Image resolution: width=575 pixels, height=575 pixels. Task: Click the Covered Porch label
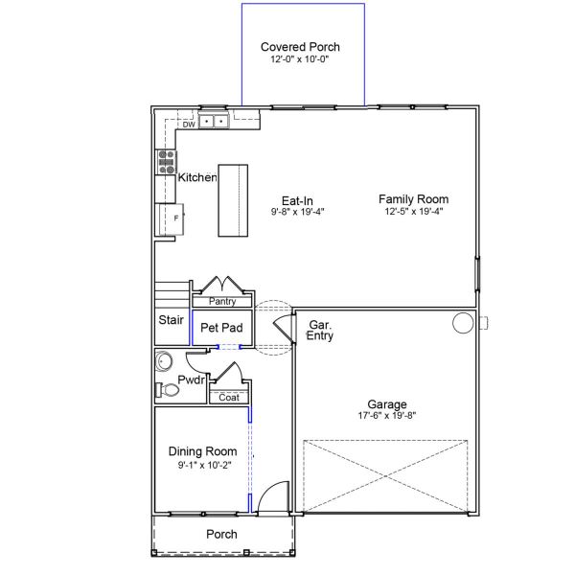tap(300, 46)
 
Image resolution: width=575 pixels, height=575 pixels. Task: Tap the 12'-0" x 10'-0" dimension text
tap(300, 59)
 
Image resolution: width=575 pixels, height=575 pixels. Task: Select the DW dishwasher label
tap(189, 124)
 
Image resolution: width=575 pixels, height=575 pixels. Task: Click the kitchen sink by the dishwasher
tap(214, 122)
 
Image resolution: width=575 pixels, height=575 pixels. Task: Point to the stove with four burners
tap(167, 160)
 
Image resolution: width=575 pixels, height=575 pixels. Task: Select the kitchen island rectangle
tap(233, 199)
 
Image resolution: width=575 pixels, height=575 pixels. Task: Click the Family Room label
tap(413, 199)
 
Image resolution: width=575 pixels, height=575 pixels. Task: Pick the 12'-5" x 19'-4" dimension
tap(413, 212)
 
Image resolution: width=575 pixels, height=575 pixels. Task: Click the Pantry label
tap(222, 302)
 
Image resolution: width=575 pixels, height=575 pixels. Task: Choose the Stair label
tap(172, 321)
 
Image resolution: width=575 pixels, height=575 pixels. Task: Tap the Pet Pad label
tap(221, 328)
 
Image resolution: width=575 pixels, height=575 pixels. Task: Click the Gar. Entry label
tap(319, 332)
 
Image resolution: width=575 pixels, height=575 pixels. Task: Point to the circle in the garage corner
tap(463, 322)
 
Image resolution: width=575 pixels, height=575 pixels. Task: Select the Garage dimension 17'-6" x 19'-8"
tap(387, 416)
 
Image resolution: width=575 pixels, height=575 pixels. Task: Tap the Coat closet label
tap(229, 398)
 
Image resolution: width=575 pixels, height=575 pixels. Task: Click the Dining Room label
tap(202, 451)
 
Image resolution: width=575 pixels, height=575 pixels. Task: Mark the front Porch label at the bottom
tap(221, 534)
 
